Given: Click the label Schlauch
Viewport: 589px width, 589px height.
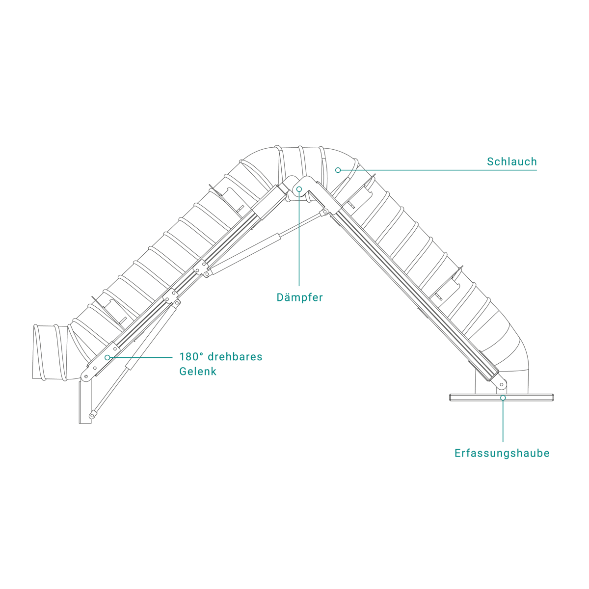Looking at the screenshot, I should tap(511, 161).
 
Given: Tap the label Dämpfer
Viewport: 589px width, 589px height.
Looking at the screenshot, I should tap(299, 297).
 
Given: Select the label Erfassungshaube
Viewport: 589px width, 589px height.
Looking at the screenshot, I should tap(502, 453).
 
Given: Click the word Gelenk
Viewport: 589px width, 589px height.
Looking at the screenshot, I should tap(197, 372).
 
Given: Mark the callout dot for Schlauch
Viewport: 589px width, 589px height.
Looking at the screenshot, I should tap(338, 170).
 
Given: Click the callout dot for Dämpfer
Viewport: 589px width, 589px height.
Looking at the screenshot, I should tap(299, 188).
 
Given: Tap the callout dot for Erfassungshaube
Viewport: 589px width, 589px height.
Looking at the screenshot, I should tap(503, 398).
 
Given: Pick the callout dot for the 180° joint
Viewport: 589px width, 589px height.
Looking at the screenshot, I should tap(107, 357).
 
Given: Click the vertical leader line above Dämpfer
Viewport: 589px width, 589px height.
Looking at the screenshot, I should tap(299, 241).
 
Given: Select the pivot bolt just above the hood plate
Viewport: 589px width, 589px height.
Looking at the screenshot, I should tap(501, 385).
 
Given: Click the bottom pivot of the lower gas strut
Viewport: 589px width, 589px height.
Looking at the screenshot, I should tap(91, 416).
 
